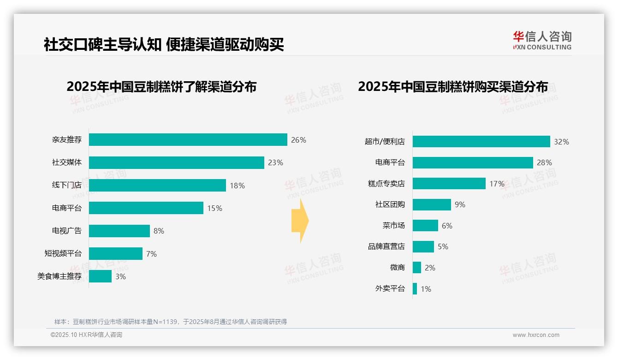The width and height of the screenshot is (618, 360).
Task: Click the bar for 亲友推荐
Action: tap(188, 140)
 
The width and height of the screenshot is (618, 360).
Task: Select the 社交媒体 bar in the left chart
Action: tap(176, 162)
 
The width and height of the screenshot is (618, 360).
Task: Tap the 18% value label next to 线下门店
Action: tap(237, 186)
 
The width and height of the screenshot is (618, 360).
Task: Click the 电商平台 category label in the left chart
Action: tap(66, 208)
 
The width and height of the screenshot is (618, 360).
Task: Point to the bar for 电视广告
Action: tap(119, 231)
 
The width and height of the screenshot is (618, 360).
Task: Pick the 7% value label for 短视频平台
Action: tap(151, 254)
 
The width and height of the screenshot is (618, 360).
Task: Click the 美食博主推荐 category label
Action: tap(59, 276)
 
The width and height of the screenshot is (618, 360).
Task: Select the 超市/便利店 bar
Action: tap(481, 142)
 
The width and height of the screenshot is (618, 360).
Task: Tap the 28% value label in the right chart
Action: tap(544, 162)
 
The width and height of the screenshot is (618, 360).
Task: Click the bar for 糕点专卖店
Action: tap(449, 184)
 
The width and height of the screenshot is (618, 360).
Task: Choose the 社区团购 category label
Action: tap(390, 204)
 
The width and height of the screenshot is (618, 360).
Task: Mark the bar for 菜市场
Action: tap(425, 226)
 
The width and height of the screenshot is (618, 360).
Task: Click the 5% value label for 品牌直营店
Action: tap(443, 247)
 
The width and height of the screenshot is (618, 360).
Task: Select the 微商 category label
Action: tap(397, 268)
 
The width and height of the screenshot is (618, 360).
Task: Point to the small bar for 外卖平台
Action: tap(415, 289)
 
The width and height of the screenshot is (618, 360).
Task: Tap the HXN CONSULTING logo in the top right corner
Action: tap(542, 41)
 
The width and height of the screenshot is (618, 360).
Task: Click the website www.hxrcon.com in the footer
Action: tap(536, 335)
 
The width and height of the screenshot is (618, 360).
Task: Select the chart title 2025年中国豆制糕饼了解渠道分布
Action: tap(161, 87)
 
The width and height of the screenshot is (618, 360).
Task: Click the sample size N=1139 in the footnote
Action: tap(165, 322)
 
